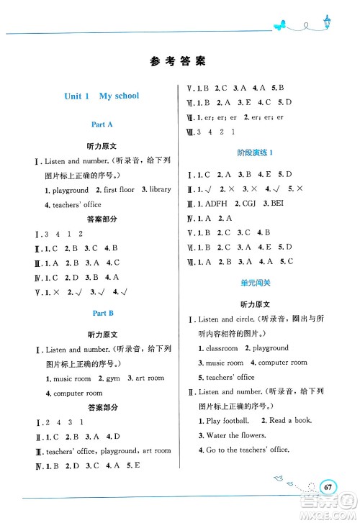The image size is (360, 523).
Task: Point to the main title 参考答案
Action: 179,61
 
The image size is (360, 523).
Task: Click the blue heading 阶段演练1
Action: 257,153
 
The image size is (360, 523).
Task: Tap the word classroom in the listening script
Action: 222,348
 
